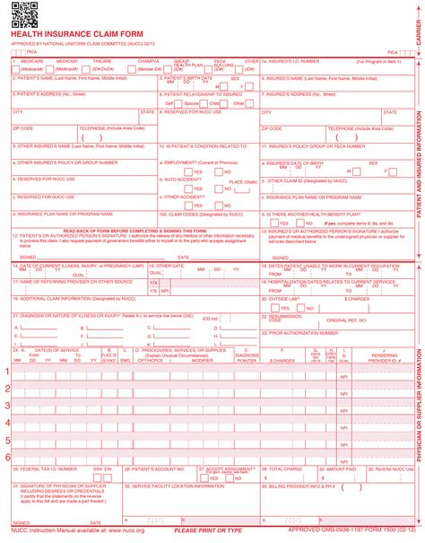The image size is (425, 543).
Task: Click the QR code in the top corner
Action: click(x=23, y=15)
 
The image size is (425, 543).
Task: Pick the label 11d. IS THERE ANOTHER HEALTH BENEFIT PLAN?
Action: click(x=308, y=215)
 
